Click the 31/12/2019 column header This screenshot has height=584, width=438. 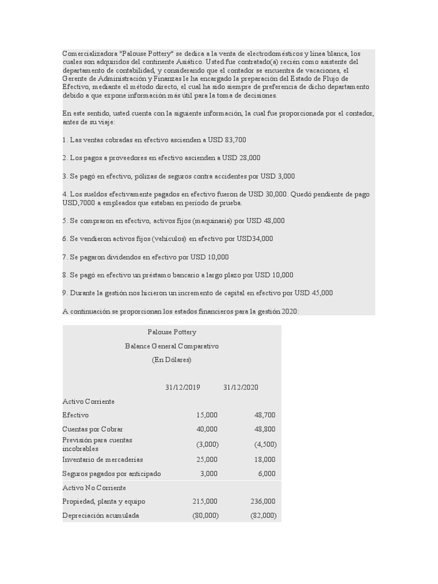click(x=182, y=387)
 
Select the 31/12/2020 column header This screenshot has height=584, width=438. click(x=241, y=387)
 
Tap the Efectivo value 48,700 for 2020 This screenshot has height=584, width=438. click(x=264, y=415)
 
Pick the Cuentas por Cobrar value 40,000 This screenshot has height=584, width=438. click(x=206, y=429)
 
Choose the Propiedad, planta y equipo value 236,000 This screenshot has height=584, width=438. click(x=262, y=501)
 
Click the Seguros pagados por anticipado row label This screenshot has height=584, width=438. click(x=111, y=473)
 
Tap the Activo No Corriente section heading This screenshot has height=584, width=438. click(x=94, y=488)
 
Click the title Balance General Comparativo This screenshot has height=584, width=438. click(x=172, y=346)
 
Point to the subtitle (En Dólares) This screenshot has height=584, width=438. click(x=172, y=360)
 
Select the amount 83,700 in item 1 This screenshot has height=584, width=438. click(x=236, y=140)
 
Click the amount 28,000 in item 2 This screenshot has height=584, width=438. click(x=249, y=158)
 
